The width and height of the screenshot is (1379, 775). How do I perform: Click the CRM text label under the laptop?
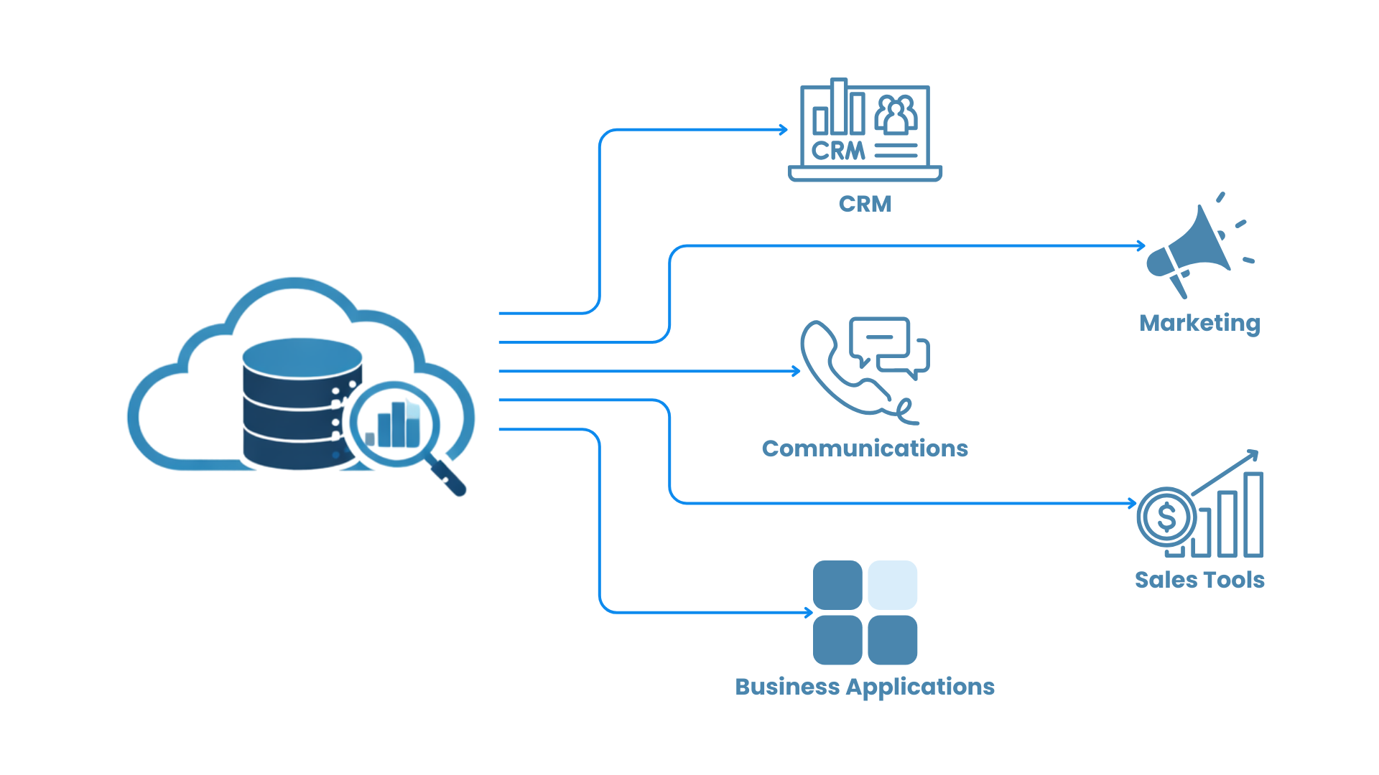(x=865, y=204)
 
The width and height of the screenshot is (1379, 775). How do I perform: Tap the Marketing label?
(x=1199, y=323)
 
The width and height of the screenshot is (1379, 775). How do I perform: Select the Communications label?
(x=865, y=448)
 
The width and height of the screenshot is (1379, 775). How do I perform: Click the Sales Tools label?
(x=1199, y=580)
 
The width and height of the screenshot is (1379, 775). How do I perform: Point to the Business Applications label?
(x=865, y=687)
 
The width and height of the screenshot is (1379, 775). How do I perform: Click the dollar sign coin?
(x=1166, y=517)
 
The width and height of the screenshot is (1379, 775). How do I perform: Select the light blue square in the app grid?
(x=892, y=585)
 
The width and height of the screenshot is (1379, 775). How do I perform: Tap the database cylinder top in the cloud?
(x=302, y=357)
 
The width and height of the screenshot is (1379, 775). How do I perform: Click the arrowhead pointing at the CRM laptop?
(x=784, y=130)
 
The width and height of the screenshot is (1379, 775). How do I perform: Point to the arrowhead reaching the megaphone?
(x=1141, y=245)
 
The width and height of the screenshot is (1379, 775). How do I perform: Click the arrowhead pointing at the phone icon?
(x=797, y=371)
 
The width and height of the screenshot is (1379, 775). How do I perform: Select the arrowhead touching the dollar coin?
(x=1133, y=503)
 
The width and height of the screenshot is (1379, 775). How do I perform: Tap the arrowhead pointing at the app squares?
(x=809, y=613)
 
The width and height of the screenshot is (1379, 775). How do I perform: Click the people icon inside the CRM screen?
(x=896, y=115)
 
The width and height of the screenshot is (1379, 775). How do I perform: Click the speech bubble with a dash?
(x=879, y=337)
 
